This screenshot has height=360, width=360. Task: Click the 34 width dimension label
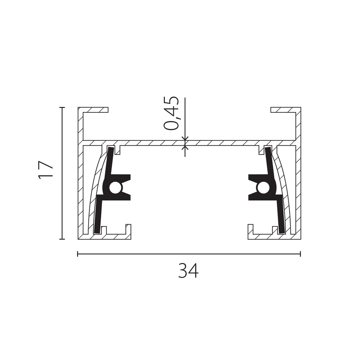[188, 271]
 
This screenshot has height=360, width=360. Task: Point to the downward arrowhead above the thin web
[185, 138]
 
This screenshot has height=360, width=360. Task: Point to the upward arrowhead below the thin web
[185, 148]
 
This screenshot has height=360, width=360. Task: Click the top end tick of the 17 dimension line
[62, 107]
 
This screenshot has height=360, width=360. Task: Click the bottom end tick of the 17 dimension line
[62, 239]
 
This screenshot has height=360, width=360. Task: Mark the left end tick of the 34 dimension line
[78, 254]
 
